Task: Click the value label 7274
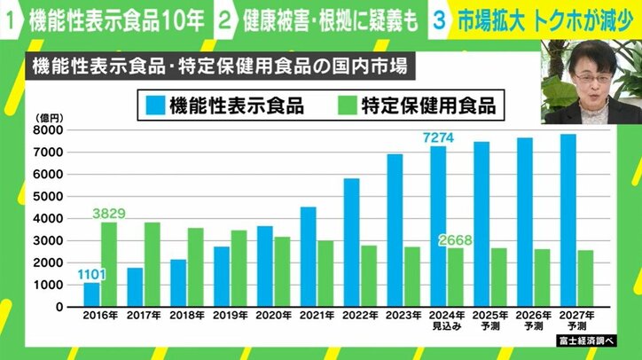point(437,137)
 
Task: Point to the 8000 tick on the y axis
point(48,130)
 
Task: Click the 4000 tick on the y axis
point(48,218)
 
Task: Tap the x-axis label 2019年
point(230,315)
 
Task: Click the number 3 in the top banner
point(437,20)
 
